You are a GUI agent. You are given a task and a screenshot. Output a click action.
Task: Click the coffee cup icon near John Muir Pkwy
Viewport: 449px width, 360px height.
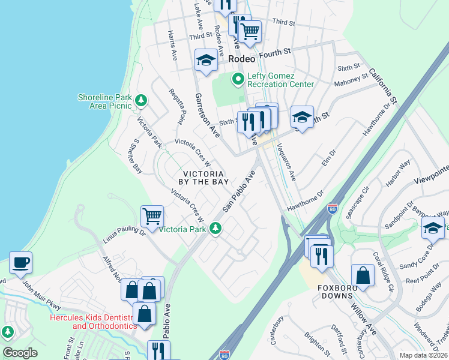(20, 262)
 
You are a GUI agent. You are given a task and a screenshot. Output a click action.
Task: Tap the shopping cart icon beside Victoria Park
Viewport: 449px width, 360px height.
(152, 215)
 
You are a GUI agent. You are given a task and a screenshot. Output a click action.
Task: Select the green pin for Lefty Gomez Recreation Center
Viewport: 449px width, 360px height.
(238, 79)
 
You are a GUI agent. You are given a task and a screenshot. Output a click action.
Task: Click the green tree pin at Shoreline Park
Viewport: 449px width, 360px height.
(140, 100)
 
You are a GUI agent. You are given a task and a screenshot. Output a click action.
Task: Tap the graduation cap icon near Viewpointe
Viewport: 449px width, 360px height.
(433, 228)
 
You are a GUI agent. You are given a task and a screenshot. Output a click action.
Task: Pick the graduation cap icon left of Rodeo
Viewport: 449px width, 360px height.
(205, 60)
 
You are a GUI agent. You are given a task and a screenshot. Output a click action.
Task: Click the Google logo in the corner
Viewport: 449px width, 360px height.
(20, 353)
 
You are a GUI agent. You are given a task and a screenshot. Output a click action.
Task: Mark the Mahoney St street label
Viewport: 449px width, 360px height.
(351, 80)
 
